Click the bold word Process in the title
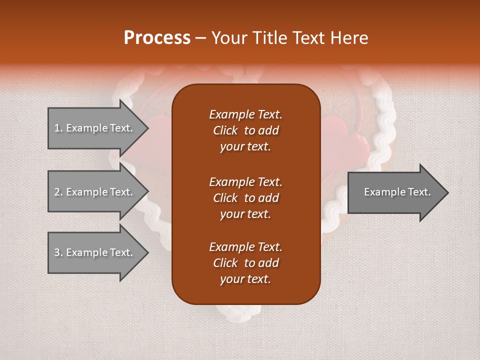(x=157, y=37)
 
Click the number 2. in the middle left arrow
(x=58, y=192)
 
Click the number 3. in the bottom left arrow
(x=58, y=252)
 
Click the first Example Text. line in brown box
(x=245, y=114)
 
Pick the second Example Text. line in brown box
(x=245, y=181)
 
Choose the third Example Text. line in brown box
(x=245, y=247)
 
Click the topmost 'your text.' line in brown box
(x=245, y=147)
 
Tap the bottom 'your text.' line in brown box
(x=245, y=279)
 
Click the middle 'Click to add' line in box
(x=245, y=198)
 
